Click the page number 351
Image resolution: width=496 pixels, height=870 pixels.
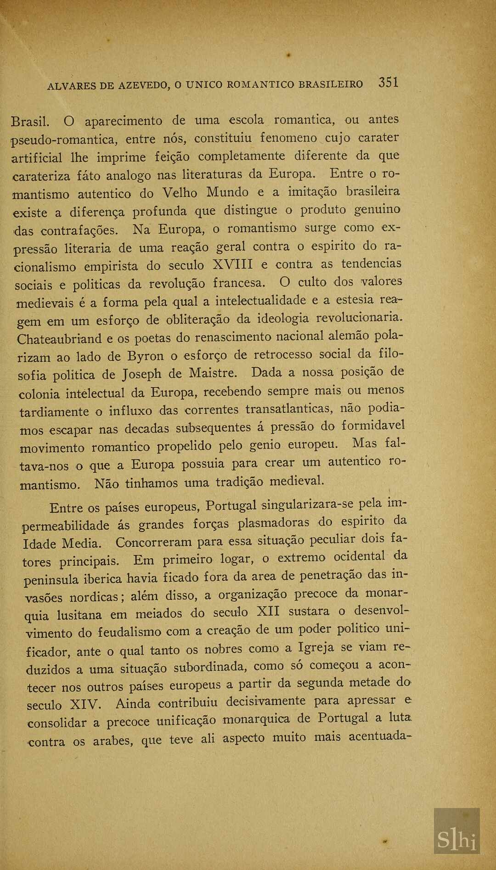click(x=388, y=83)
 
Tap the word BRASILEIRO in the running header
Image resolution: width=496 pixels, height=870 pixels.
click(x=331, y=84)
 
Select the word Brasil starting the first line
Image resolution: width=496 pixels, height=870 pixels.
click(x=30, y=122)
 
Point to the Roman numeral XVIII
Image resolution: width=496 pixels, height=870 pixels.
click(x=233, y=265)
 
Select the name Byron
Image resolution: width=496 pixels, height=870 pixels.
click(x=145, y=356)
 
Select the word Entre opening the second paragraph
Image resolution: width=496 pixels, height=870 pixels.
click(x=66, y=508)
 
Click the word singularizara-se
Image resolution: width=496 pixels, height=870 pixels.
click(x=308, y=504)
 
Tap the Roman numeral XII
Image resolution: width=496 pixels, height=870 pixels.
click(x=268, y=612)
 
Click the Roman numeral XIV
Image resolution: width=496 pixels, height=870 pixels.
click(x=85, y=704)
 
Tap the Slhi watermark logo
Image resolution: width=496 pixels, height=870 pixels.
click(x=457, y=840)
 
